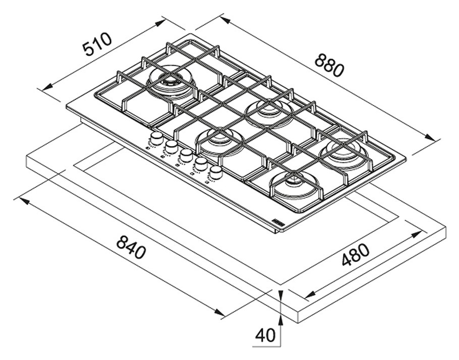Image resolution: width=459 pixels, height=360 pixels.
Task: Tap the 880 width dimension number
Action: pyautogui.click(x=329, y=64)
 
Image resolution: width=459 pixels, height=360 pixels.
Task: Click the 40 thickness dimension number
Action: pyautogui.click(x=265, y=336)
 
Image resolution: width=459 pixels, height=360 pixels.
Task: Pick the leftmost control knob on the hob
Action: pyautogui.click(x=157, y=138)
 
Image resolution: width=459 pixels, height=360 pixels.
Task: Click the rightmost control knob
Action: pyautogui.click(x=216, y=172)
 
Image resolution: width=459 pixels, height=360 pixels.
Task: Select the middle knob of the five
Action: pyautogui.click(x=187, y=155)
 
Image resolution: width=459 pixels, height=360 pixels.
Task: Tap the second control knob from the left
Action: pyautogui.click(x=172, y=146)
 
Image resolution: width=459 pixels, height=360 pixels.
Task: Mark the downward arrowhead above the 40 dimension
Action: pyautogui.click(x=280, y=294)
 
